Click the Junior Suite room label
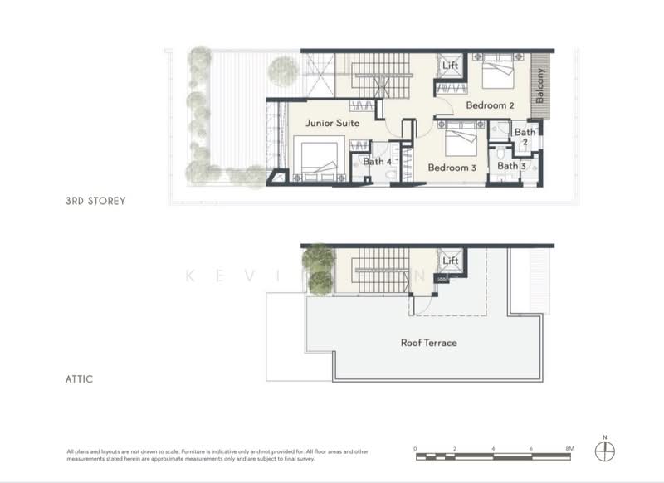tap(332, 123)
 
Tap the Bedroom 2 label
tap(490, 105)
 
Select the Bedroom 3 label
tap(452, 168)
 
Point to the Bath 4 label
tap(377, 162)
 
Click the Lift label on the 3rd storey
tap(451, 65)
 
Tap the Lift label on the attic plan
tap(451, 261)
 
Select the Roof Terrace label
tap(428, 343)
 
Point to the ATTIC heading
tap(80, 379)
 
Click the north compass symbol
tap(605, 450)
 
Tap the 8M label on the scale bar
tap(569, 448)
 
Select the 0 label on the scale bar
tap(415, 448)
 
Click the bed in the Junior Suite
tap(317, 159)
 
